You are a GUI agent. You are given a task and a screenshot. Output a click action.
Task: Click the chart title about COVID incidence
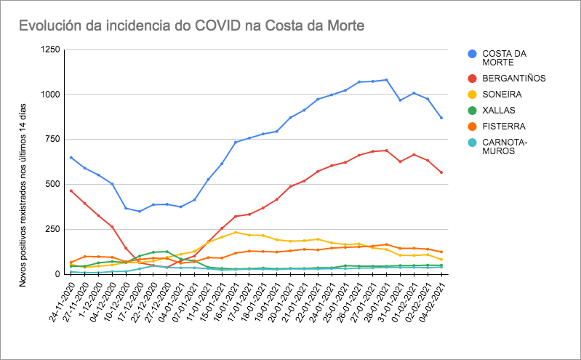(x=191, y=26)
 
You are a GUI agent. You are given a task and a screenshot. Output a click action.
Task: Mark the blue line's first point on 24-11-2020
(x=71, y=157)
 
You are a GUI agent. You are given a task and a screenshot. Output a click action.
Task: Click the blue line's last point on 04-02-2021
(x=441, y=118)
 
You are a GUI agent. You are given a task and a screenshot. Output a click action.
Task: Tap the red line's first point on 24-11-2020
(x=71, y=191)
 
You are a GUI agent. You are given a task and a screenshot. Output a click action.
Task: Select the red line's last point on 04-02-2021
(x=441, y=172)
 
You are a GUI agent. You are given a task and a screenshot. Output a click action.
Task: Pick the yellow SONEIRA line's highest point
(x=236, y=232)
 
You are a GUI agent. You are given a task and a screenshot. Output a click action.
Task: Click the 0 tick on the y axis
(x=56, y=274)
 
